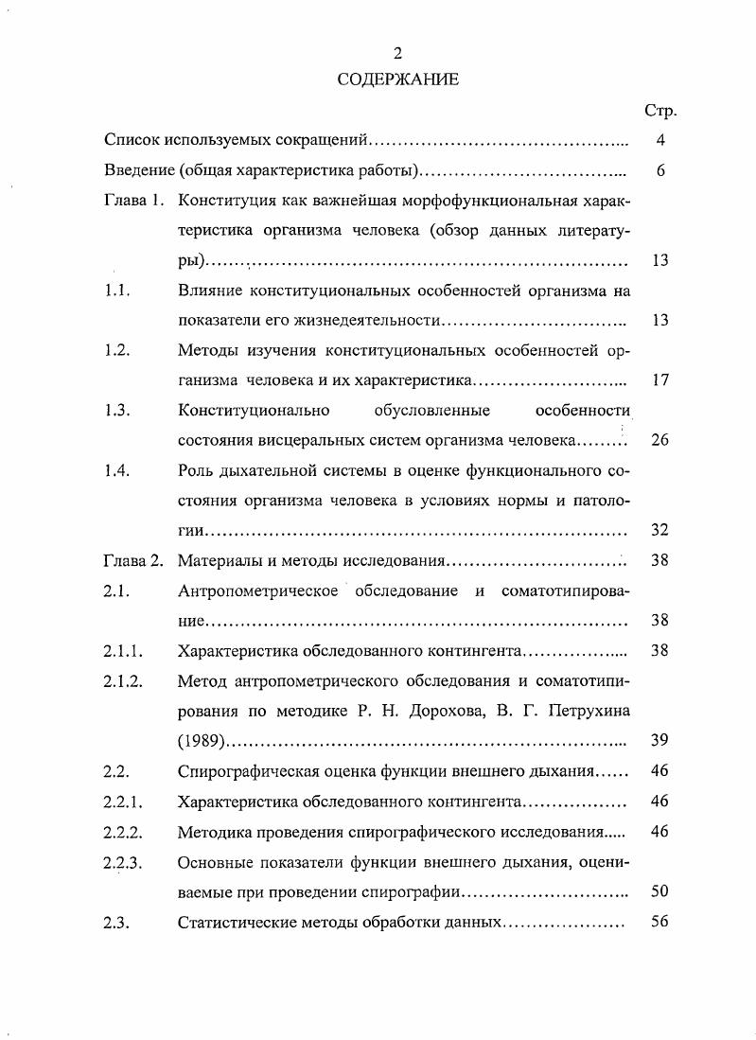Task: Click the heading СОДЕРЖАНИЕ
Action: coord(397,79)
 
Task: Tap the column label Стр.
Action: coord(659,111)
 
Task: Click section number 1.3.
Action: coord(117,410)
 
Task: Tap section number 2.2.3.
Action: coord(123,861)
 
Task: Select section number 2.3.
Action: coord(117,922)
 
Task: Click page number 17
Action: coord(660,380)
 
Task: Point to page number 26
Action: coord(660,440)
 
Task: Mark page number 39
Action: coord(660,740)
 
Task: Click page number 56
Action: coord(660,922)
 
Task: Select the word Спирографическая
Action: coord(244,771)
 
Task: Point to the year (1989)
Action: coord(201,741)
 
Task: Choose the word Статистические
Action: coord(237,922)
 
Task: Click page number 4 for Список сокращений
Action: coord(660,141)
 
